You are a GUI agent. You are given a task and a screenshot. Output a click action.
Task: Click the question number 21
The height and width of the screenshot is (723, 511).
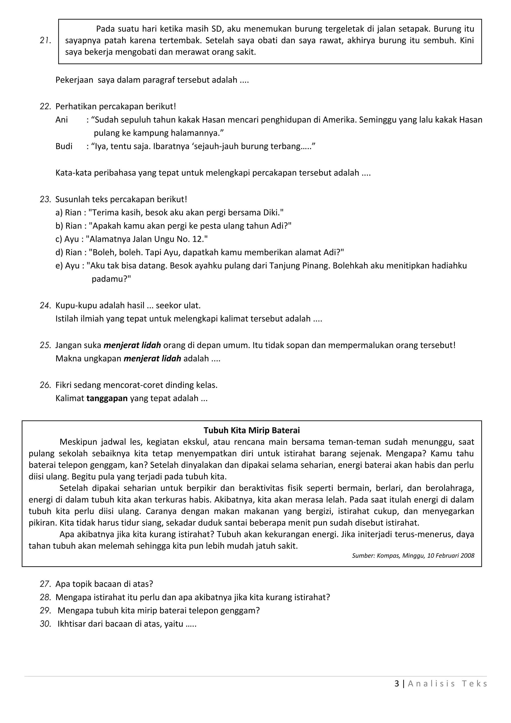click(45, 41)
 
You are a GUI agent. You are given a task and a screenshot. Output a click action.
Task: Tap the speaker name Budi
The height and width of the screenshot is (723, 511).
click(64, 146)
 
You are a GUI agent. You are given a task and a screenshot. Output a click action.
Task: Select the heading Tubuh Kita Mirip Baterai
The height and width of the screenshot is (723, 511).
click(252, 430)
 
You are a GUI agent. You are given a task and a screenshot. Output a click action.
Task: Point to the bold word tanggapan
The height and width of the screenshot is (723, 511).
click(107, 399)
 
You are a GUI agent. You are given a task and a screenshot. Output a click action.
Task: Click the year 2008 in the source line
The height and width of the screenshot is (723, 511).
click(467, 565)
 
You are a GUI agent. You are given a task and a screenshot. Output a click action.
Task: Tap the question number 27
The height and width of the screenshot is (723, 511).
click(45, 584)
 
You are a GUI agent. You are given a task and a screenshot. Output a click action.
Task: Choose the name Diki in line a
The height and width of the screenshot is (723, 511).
click(271, 213)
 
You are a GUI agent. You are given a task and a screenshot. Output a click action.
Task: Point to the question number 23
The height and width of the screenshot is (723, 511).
click(45, 200)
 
